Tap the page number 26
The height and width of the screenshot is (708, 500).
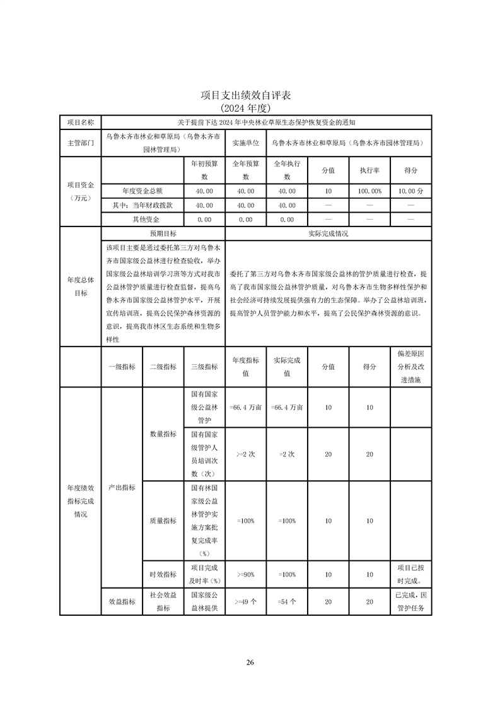coord(250,662)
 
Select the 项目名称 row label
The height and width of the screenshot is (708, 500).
coord(80,122)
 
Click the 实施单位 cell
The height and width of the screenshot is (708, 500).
coord(246,143)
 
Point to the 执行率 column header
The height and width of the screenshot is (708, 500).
coord(369,170)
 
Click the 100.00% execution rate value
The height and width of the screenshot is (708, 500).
coord(369,190)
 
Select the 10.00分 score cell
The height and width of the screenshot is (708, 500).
coord(411,190)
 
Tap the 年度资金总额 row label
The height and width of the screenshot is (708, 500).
coord(142,190)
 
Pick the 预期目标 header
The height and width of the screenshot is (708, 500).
coord(163,233)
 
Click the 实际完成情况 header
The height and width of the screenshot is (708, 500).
coord(328,233)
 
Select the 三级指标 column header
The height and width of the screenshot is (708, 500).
coord(204,367)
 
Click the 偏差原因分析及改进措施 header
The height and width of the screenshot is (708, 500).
coord(411,367)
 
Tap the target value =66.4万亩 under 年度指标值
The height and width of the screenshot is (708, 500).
coord(246,408)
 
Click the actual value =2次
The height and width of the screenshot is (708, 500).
coord(287,454)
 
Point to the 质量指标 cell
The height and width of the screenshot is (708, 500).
coord(163,521)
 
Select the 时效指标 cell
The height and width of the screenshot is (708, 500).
coord(163,574)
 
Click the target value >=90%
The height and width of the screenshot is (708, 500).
coord(246,574)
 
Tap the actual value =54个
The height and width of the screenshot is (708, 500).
coord(287,602)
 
